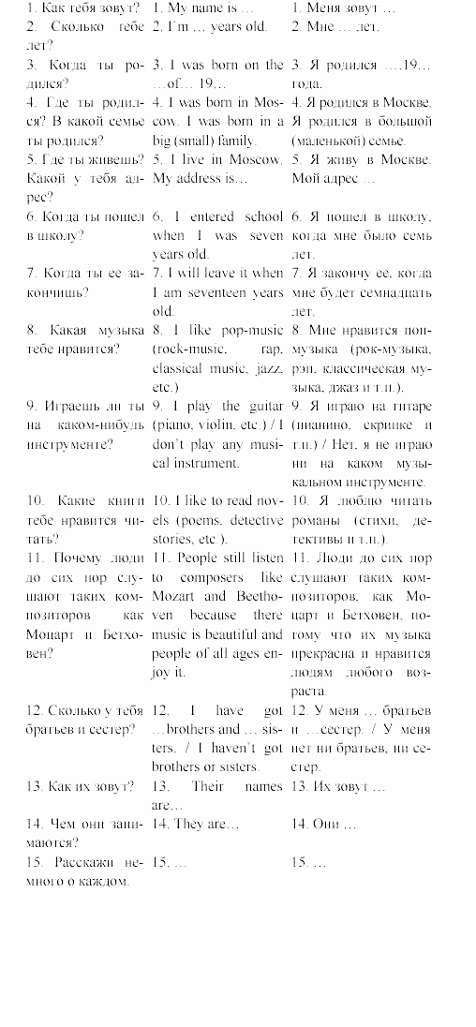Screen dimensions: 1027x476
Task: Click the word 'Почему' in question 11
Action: (84, 558)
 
